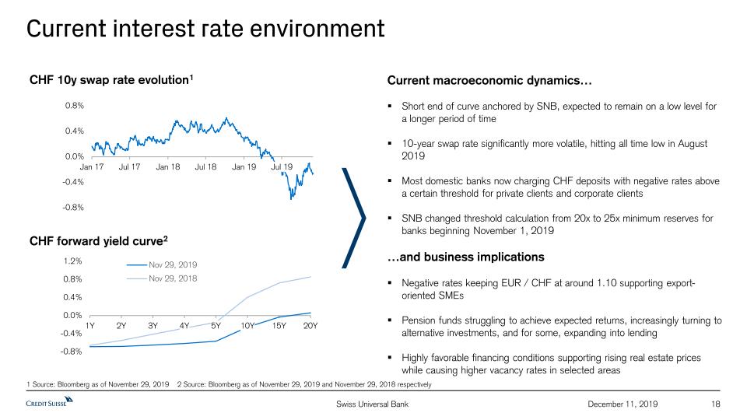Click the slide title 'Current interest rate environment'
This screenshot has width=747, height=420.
(205, 29)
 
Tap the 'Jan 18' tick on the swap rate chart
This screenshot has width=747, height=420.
(168, 166)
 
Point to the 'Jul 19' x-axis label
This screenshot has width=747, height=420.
(282, 166)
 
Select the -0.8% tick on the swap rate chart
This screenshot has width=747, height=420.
(74, 207)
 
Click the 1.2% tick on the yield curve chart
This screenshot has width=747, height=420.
(73, 261)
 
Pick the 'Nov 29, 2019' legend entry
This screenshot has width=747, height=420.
(173, 264)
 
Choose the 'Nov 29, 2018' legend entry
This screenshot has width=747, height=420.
(173, 278)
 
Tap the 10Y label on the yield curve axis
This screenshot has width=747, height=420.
(247, 325)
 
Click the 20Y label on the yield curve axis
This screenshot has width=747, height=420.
(310, 325)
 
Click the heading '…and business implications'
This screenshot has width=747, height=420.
(465, 257)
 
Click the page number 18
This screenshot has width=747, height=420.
(717, 404)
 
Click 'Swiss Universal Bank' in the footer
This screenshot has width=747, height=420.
(372, 404)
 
